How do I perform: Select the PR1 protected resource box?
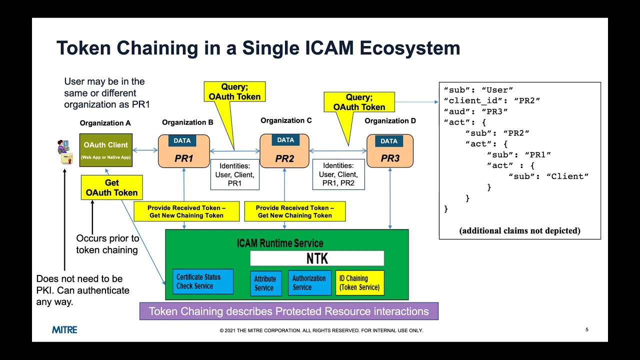(x=183, y=151)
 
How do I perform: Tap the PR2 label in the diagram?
(x=284, y=159)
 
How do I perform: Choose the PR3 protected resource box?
(x=390, y=151)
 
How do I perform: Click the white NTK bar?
(x=317, y=258)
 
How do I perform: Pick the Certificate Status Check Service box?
(x=203, y=281)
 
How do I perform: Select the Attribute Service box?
(x=265, y=283)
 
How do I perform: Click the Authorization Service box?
(x=309, y=283)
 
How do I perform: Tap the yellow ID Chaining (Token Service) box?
(x=360, y=283)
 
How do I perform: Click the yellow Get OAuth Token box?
(x=111, y=187)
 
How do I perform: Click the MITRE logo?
(x=64, y=330)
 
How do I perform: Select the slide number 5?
(x=587, y=330)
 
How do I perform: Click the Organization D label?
(x=390, y=121)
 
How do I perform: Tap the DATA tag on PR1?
(x=182, y=141)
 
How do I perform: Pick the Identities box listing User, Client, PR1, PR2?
(x=338, y=174)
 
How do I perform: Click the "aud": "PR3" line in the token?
(x=475, y=111)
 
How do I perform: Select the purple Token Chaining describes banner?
(x=288, y=311)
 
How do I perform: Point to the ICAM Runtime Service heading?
(x=280, y=243)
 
